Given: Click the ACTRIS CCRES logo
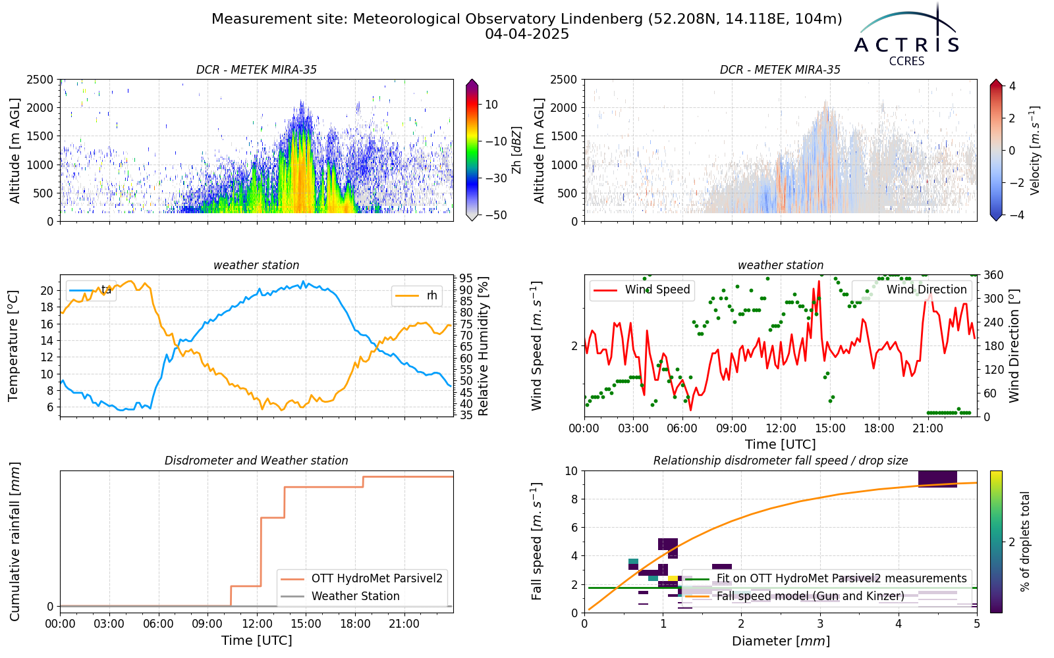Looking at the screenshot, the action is click(906, 36).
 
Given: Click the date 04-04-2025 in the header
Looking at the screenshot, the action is click(527, 34).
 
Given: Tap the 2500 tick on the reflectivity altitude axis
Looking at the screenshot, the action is click(40, 80).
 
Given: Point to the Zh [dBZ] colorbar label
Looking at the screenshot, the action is click(516, 150).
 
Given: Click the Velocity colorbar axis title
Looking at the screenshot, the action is click(1035, 151).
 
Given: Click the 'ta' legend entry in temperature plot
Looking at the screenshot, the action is click(91, 290).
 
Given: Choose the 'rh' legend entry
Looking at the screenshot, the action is click(416, 295).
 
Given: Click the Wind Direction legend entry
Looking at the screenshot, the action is click(910, 290).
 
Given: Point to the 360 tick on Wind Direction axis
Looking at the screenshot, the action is click(991, 275).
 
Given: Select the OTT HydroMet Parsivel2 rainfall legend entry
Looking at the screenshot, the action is click(362, 578).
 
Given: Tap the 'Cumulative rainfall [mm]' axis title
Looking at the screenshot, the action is click(14, 542).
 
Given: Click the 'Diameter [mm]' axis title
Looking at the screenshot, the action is click(781, 641).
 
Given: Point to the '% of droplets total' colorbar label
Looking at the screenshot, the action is click(1025, 542).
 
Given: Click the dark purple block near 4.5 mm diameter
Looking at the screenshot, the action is click(938, 479).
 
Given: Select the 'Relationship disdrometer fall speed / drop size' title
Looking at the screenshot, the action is click(781, 461).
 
